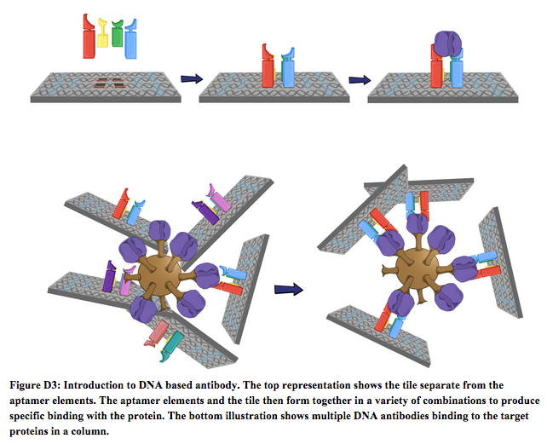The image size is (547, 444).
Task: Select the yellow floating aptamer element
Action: pos(104,35)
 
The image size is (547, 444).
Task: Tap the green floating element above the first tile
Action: pos(117,32)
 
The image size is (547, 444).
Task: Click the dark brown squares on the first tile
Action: pos(107,83)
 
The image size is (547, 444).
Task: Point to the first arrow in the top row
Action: pos(191,79)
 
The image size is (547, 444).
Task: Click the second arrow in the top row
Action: pos(360,80)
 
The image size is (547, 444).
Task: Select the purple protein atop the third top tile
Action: pos(447,43)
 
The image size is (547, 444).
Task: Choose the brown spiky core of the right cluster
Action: pos(417,264)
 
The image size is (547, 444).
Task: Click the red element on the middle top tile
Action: pos(268,66)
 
